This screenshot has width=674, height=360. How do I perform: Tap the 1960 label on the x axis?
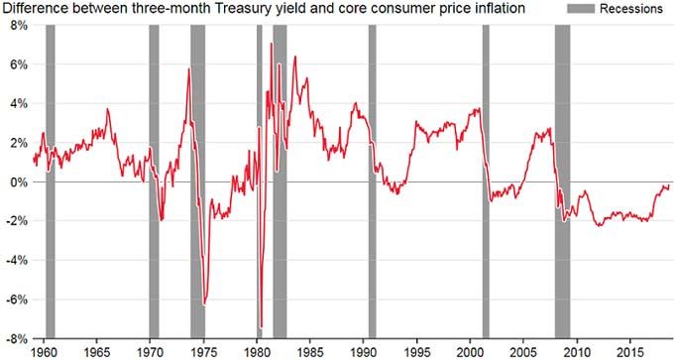(44, 351)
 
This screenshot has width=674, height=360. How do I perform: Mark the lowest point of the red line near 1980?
(261, 326)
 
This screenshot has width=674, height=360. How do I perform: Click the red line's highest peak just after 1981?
(272, 44)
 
